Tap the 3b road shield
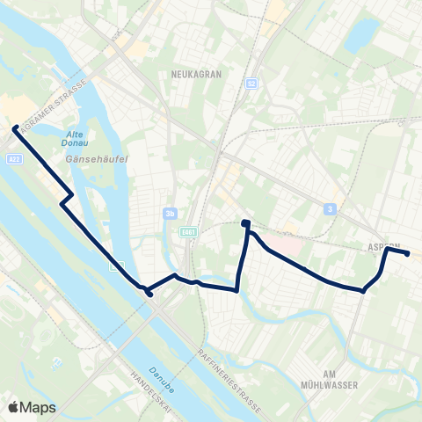[x=171, y=212]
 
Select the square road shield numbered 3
[x=330, y=208]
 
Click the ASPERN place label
[x=384, y=247]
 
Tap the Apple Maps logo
[x=33, y=407]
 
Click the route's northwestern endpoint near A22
[x=15, y=128]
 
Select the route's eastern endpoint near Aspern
[x=407, y=253]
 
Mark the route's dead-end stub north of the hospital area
[x=246, y=223]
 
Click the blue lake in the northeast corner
[x=361, y=35]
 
